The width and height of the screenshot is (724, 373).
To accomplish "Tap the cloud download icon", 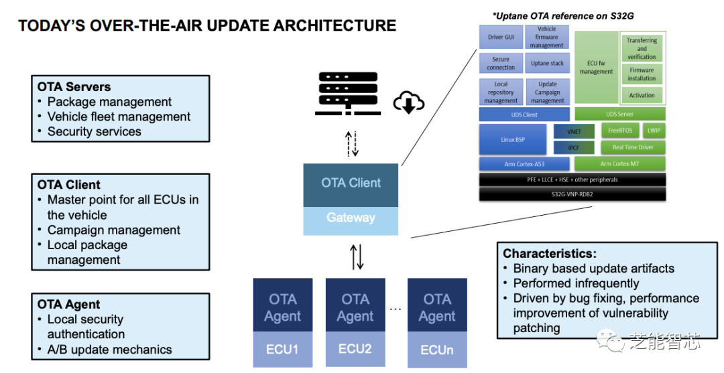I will pyautogui.click(x=408, y=102).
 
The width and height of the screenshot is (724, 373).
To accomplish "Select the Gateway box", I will pyautogui.click(x=351, y=218).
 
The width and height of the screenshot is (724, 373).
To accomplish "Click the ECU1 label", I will pyautogui.click(x=282, y=349).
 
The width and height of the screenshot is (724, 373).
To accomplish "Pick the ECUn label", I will pyautogui.click(x=437, y=349).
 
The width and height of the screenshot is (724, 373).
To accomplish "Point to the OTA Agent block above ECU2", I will pyautogui.click(x=355, y=307).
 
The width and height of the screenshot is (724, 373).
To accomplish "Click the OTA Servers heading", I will pyautogui.click(x=74, y=87).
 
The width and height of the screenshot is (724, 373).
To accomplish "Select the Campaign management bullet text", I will pyautogui.click(x=114, y=230).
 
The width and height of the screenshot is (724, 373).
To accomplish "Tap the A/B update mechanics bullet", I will pyautogui.click(x=109, y=350).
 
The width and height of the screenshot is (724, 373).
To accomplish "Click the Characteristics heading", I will pyautogui.click(x=550, y=254).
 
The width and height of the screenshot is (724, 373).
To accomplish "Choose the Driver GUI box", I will pyautogui.click(x=501, y=37).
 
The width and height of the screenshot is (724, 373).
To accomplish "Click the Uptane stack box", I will pyautogui.click(x=547, y=64).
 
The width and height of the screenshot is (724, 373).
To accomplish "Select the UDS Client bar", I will pyautogui.click(x=525, y=115).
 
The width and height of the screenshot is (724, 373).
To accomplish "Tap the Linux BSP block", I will pyautogui.click(x=513, y=139).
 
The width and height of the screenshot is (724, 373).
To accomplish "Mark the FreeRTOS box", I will pyautogui.click(x=620, y=131).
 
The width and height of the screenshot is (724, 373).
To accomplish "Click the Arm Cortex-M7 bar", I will pyautogui.click(x=620, y=163).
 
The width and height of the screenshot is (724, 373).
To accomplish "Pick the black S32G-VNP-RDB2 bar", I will pyautogui.click(x=572, y=194).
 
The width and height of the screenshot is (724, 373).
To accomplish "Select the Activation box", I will pyautogui.click(x=642, y=95).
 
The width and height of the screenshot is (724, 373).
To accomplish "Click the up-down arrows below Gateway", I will pyautogui.click(x=357, y=256).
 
